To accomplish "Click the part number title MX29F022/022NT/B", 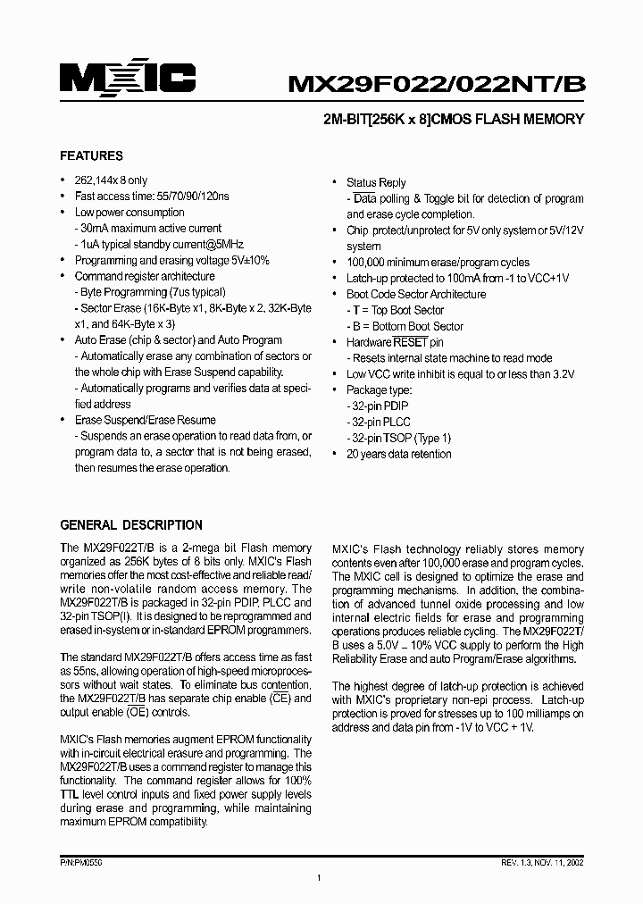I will coord(435,83).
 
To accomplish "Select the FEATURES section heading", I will coord(91,155).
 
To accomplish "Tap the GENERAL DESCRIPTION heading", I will coord(130,524).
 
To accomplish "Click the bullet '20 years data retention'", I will coord(398,454).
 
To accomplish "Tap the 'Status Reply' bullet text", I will coord(376,182).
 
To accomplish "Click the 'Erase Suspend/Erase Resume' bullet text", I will coord(145,420).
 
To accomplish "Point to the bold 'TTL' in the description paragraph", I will coord(71,795).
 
